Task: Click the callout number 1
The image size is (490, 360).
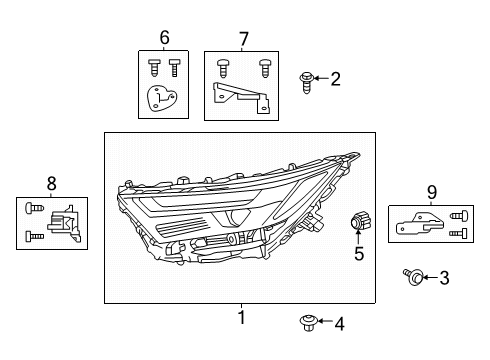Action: (x=240, y=318)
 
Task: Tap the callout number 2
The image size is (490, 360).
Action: (x=335, y=78)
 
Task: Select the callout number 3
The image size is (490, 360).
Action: (x=444, y=277)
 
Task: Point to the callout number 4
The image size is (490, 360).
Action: (x=339, y=323)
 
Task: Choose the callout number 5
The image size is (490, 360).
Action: (x=359, y=254)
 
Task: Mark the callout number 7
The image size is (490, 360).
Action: (x=243, y=38)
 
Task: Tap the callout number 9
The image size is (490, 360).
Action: (x=431, y=192)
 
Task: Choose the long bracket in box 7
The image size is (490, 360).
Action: (x=239, y=97)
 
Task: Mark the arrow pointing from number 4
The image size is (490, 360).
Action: (x=323, y=323)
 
